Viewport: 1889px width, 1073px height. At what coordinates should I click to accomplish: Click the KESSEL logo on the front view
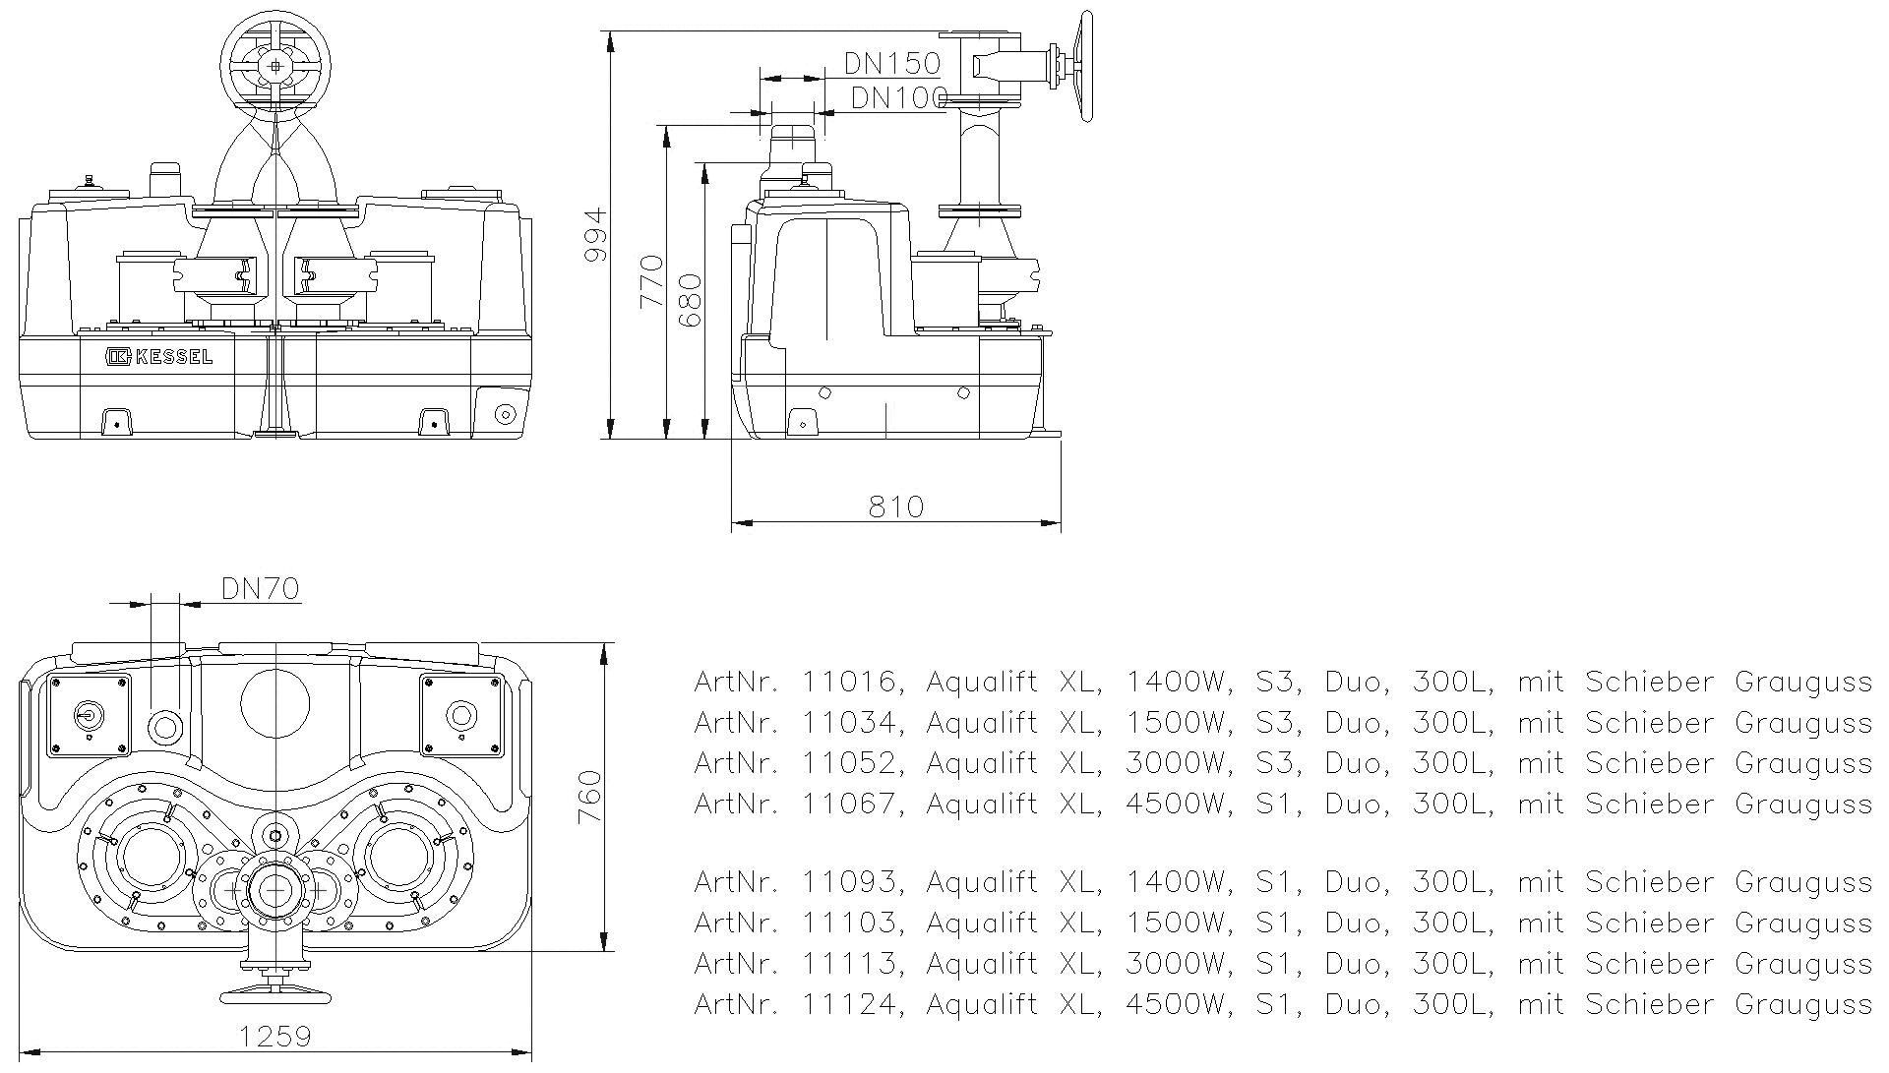159,357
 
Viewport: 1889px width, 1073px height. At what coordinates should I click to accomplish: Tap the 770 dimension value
652,281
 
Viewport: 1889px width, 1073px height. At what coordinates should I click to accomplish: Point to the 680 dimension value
691,301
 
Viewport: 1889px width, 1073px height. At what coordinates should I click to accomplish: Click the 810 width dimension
895,507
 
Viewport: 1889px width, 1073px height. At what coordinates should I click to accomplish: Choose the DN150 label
892,64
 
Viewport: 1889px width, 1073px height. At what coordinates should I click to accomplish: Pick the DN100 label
897,97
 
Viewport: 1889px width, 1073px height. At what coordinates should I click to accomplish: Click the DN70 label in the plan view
260,589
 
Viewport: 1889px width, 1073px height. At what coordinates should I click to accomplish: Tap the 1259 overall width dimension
275,1037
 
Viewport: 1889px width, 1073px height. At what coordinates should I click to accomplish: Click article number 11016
850,682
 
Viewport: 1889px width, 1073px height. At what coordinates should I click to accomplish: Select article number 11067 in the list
850,804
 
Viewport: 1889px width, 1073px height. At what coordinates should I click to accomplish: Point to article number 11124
850,1005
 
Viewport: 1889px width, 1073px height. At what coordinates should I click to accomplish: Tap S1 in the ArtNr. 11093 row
1273,882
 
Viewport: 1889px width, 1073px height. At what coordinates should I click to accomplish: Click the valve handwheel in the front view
275,66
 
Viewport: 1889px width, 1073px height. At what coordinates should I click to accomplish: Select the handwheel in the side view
1085,67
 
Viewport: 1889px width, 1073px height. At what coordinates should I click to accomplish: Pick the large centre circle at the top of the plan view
275,704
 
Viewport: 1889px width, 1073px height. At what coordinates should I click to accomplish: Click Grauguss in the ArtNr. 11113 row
1802,964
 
